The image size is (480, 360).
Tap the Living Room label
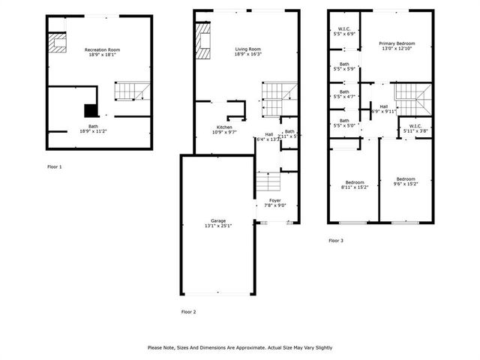pos(247,49)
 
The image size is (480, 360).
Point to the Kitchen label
pos(225,127)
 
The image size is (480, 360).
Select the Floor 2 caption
pos(188,310)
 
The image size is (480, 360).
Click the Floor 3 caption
pos(336,241)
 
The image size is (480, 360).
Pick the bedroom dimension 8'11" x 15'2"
pos(354,187)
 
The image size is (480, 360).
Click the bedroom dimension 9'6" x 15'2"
pos(406,183)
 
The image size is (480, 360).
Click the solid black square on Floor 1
pos(88,110)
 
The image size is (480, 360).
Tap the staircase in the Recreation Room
pos(127,91)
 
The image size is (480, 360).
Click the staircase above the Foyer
pos(268,181)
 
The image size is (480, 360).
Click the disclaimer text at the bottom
pos(240,347)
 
